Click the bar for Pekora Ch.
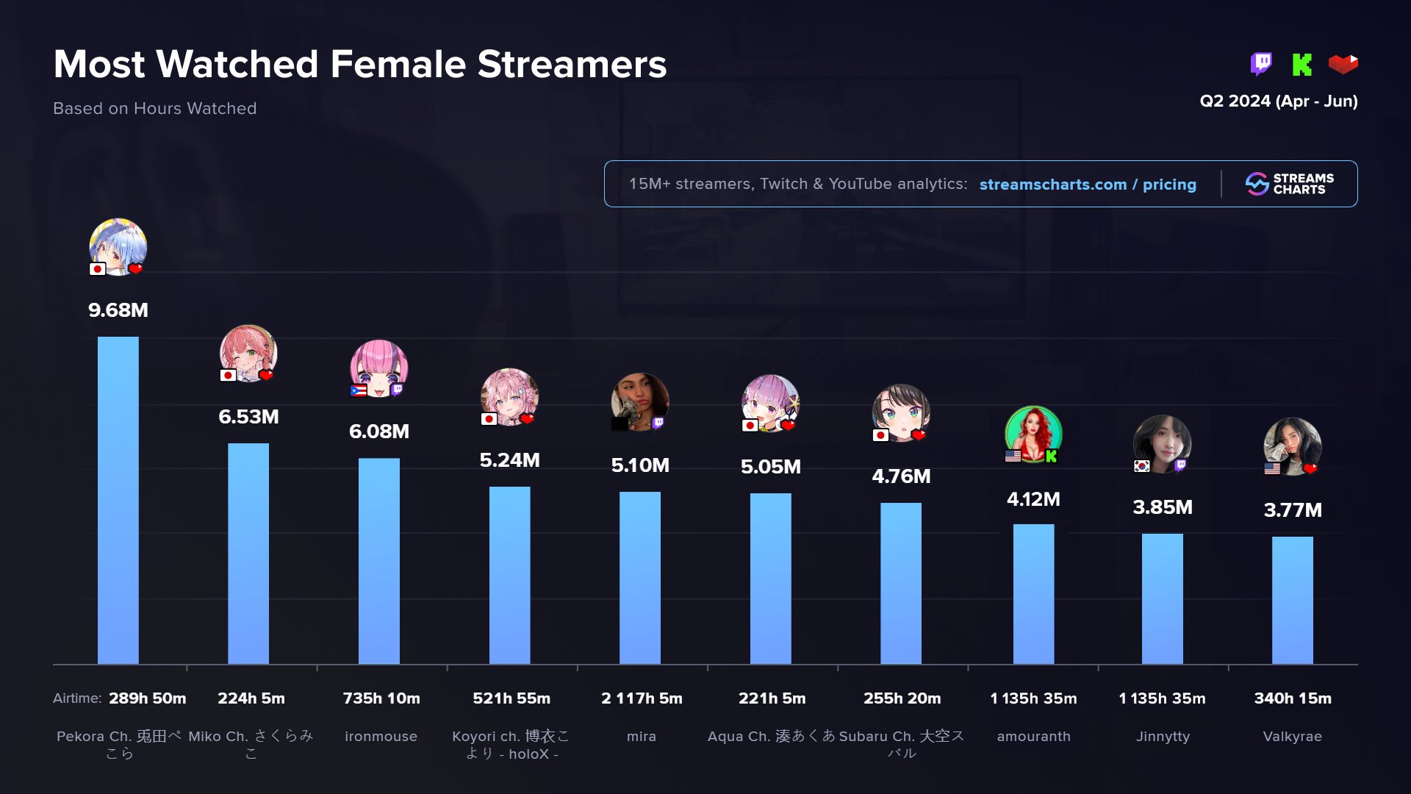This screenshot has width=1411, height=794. [x=118, y=500]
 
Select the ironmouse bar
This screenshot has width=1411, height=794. [x=378, y=561]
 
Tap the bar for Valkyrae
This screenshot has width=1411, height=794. [x=1292, y=600]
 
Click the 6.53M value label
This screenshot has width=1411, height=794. [x=248, y=417]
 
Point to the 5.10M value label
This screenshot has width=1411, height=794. [x=640, y=465]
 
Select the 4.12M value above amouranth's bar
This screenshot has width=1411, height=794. [x=1033, y=499]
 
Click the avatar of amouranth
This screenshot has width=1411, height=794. [x=1033, y=434]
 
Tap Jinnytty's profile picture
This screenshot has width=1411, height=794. [x=1162, y=443]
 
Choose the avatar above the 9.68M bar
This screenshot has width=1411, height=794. [x=118, y=247]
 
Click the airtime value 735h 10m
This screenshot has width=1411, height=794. [x=381, y=698]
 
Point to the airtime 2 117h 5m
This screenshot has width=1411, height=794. [x=642, y=698]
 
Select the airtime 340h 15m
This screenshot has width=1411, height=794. [x=1293, y=698]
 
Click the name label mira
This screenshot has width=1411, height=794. [x=642, y=737]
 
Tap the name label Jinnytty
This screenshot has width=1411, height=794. [x=1163, y=737]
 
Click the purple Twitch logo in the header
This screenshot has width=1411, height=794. [x=1261, y=64]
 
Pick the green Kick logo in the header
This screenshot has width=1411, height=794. [x=1302, y=65]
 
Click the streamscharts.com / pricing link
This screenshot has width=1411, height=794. [x=1088, y=185]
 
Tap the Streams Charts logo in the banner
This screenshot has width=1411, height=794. [x=1289, y=184]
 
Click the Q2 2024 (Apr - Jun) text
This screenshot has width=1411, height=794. [x=1278, y=101]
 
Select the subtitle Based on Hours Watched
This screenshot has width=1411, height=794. [x=155, y=109]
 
